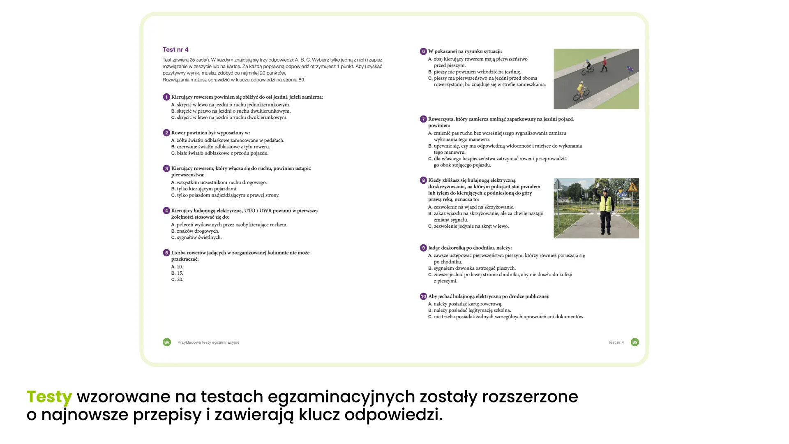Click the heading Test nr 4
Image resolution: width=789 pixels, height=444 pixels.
[x=175, y=50]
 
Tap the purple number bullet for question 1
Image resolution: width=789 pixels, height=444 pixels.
[x=166, y=97]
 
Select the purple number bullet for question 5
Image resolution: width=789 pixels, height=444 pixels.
[x=166, y=253]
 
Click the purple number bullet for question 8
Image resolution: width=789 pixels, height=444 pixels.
[x=423, y=180]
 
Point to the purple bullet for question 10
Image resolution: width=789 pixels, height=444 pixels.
[x=423, y=296]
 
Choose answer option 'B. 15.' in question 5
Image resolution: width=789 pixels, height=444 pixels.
[x=177, y=273]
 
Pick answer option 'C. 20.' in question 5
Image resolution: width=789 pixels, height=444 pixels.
[x=177, y=280]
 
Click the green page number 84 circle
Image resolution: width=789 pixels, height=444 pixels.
[x=166, y=342]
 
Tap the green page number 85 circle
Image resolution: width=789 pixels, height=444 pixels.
[x=634, y=342]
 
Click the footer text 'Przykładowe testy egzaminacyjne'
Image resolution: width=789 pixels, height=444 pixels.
[x=208, y=342]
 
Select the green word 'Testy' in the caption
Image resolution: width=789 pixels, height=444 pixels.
[x=49, y=397]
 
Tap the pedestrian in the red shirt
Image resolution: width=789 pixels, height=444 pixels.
[x=604, y=64]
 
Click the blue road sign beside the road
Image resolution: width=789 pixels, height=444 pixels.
[x=629, y=70]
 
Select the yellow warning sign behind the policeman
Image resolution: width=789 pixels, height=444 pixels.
[x=633, y=187]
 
